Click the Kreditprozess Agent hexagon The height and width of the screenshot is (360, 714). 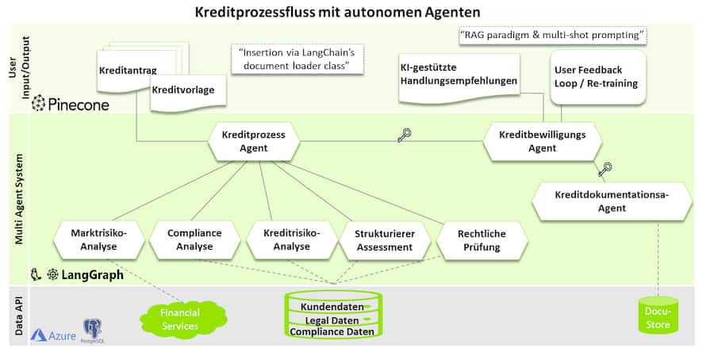[x=254, y=141]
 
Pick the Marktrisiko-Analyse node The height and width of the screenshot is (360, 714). [x=100, y=240]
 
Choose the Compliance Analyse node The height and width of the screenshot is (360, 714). [x=194, y=240]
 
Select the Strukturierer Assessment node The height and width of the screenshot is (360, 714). [x=384, y=240]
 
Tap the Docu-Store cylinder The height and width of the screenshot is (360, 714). [x=657, y=319]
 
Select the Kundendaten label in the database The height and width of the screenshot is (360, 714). [x=332, y=306]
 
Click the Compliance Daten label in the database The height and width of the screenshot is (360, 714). [x=332, y=331]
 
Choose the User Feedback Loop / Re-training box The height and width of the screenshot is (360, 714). [x=595, y=77]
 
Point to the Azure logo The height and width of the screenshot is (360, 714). [x=54, y=335]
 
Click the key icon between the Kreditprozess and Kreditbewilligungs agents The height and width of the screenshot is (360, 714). [x=404, y=136]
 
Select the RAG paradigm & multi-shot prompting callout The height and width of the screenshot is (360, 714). [x=553, y=36]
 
